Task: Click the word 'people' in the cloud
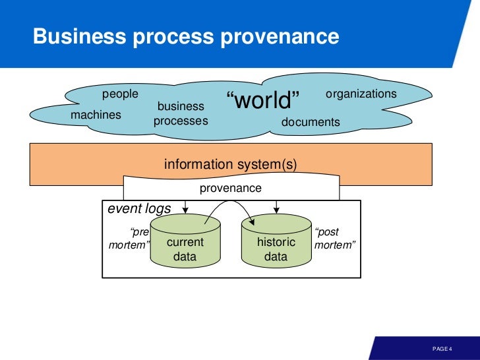120,94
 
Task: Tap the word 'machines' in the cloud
96,115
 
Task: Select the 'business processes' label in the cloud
180,113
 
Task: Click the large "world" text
262,102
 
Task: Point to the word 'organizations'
361,94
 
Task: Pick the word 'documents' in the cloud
311,122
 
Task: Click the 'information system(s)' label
230,164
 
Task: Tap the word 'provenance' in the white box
230,188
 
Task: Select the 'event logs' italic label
139,209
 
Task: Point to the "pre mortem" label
130,238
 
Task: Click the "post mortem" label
335,238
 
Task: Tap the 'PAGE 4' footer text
442,348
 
